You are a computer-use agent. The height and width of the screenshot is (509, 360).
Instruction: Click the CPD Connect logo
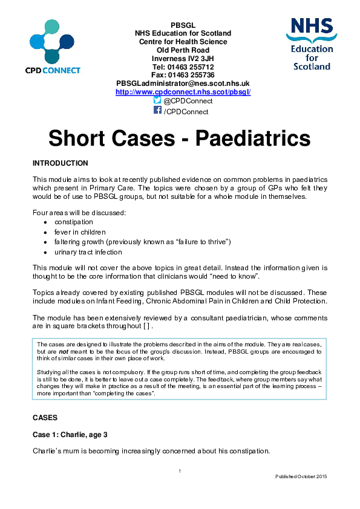pos(53,47)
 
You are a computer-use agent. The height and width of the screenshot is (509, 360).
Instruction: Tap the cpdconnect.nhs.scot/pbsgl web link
pos(183,92)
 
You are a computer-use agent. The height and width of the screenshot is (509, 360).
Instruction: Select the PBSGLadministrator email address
pos(183,83)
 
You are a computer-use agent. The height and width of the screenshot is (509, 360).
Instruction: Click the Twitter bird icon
pos(157,100)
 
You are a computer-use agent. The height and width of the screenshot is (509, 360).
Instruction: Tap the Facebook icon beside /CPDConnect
pos(157,111)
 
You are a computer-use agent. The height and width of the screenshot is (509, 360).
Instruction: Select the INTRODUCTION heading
pos(60,163)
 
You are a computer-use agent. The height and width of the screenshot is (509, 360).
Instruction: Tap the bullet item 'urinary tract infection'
pos(88,251)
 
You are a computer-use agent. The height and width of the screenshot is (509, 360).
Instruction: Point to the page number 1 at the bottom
pos(180,470)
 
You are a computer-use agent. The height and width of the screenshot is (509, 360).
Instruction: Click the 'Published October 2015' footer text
pos(301,477)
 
